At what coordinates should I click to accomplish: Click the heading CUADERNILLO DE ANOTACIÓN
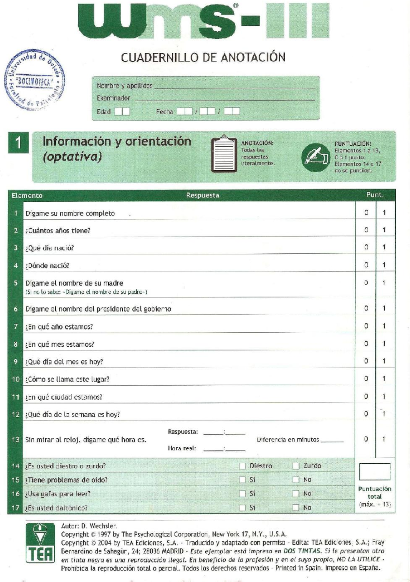[x=203, y=57]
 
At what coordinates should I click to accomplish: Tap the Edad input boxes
[x=122, y=111]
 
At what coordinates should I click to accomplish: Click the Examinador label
[x=113, y=98]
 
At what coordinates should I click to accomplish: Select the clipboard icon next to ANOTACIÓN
[x=224, y=154]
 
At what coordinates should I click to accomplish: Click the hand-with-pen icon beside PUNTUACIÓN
[x=315, y=157]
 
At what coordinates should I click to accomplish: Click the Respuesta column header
[x=202, y=195]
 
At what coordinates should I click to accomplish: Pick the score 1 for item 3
[x=384, y=247]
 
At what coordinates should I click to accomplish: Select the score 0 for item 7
[x=366, y=326]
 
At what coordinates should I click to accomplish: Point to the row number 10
[x=16, y=379]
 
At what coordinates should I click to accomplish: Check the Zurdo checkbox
[x=296, y=466]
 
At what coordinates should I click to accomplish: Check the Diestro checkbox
[x=242, y=466]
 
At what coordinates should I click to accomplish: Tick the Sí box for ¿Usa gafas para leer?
[x=242, y=494]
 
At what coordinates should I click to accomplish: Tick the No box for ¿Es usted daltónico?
[x=296, y=508]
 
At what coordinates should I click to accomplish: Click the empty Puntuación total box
[x=374, y=472]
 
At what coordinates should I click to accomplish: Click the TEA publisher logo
[x=40, y=544]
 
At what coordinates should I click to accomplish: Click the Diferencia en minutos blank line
[x=332, y=440]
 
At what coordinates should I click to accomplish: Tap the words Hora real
[x=182, y=448]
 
